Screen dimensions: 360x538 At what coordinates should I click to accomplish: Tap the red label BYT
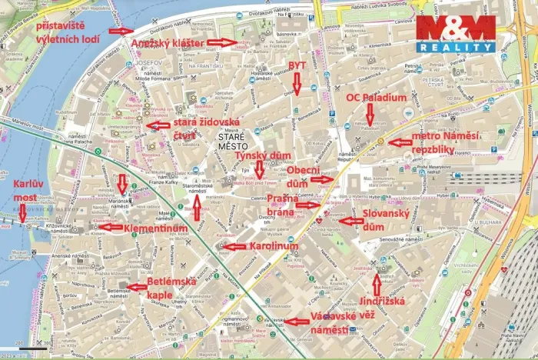(x=297, y=66)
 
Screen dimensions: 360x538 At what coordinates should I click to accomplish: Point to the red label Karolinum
(x=274, y=246)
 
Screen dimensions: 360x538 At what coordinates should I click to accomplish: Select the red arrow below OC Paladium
(x=370, y=115)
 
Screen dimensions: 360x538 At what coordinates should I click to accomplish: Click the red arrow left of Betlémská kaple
(x=137, y=287)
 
